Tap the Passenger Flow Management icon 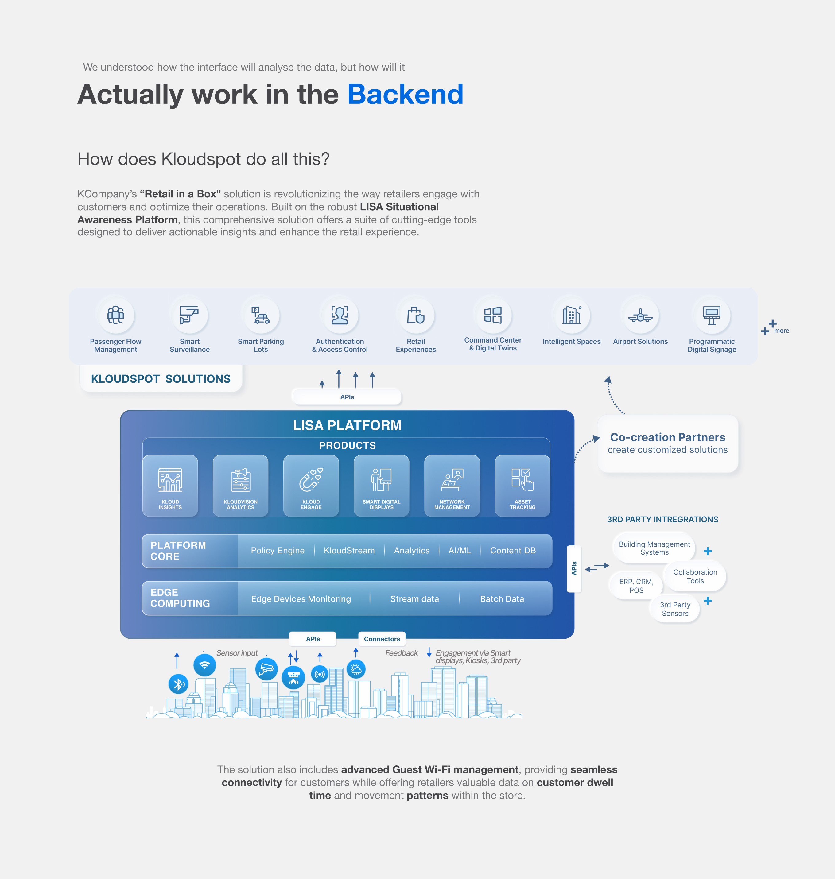click(x=116, y=315)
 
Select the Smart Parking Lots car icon click(x=261, y=315)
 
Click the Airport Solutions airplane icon click(x=640, y=316)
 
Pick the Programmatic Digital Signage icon click(x=711, y=315)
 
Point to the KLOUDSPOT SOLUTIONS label click(x=161, y=379)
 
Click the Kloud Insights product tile click(x=170, y=486)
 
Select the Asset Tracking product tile click(x=522, y=486)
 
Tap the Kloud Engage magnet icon click(x=311, y=480)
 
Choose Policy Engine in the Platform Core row click(x=278, y=551)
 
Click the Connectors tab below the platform click(x=382, y=639)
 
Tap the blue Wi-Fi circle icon click(x=205, y=665)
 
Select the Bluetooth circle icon click(x=178, y=684)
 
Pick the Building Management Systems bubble click(x=654, y=548)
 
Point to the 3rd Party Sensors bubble click(x=675, y=609)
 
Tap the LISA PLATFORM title click(x=347, y=425)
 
